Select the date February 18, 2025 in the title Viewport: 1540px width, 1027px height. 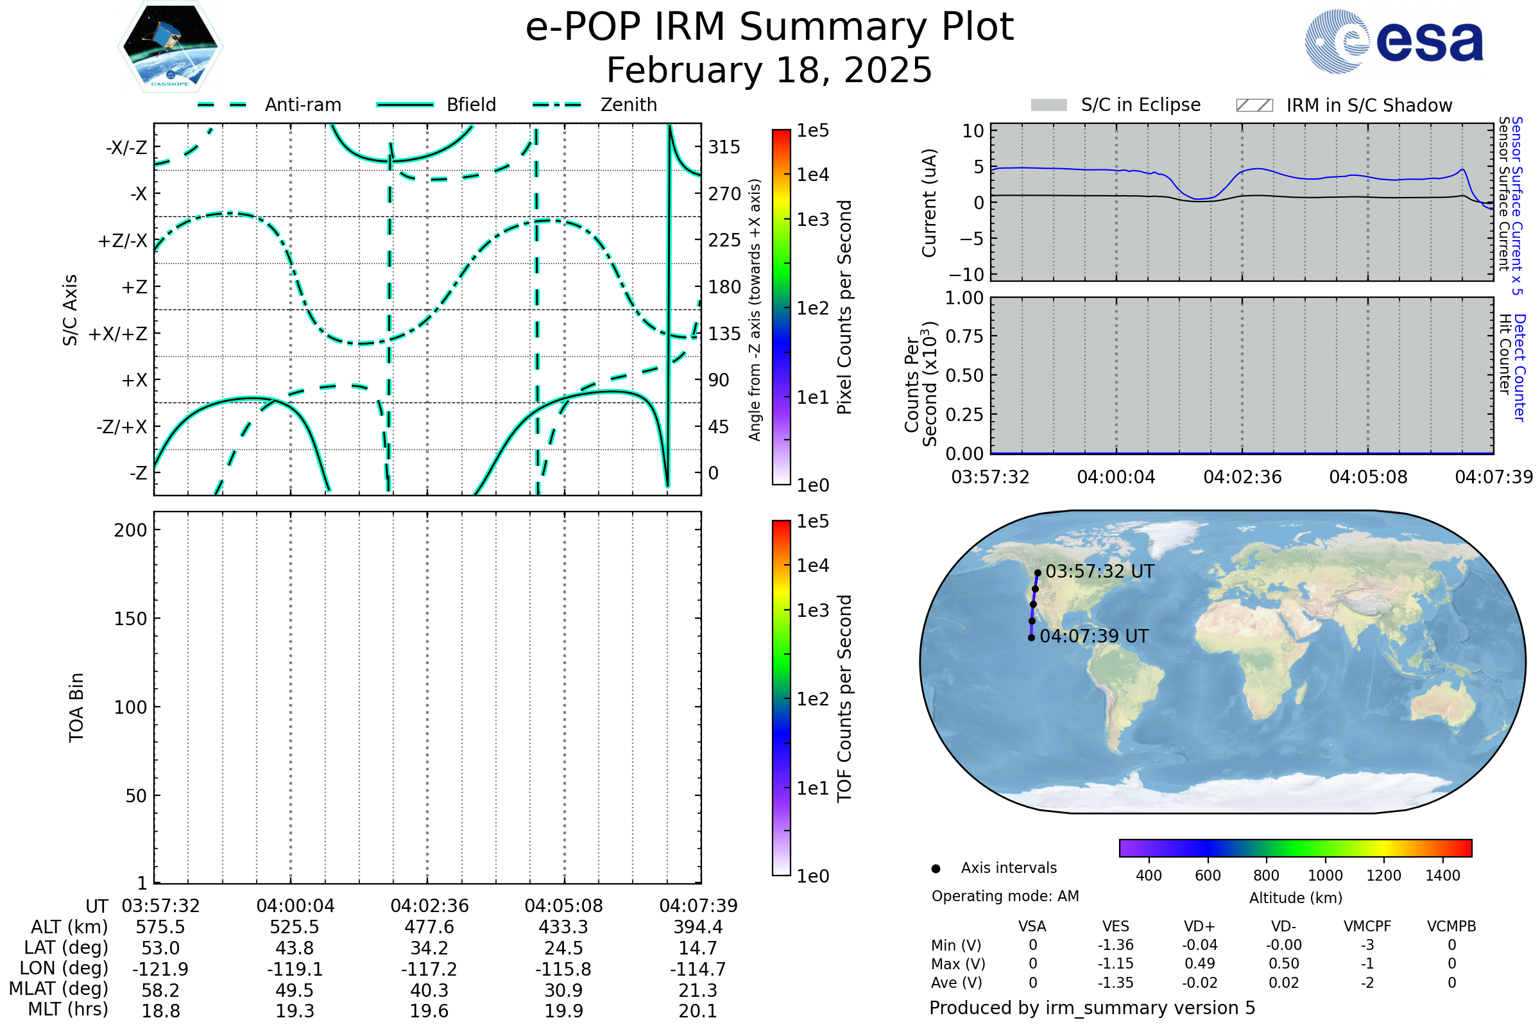769,71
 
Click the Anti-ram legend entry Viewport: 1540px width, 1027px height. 302,105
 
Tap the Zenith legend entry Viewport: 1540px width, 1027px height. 628,105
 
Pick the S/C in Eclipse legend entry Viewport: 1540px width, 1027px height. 1140,105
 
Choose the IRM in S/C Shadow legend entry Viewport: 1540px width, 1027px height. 1369,105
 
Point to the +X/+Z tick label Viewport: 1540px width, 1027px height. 118,334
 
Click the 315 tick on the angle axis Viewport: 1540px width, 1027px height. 724,147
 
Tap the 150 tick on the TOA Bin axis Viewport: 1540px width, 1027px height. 130,619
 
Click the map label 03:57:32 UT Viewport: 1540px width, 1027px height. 1099,572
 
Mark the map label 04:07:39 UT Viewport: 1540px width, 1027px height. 1093,637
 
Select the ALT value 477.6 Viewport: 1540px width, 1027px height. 429,928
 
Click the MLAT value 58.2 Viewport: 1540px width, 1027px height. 160,990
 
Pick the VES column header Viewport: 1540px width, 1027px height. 1116,927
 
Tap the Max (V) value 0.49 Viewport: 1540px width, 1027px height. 1199,964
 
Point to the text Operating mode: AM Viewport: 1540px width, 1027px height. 1005,896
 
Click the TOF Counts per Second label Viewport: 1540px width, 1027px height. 844,698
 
